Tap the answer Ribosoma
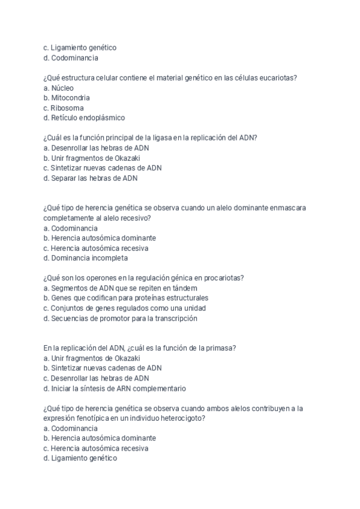pos(62,108)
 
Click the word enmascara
pos(286,208)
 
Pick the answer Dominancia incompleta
pos(85,259)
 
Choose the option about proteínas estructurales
pos(126,298)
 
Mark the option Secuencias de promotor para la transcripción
pos(120,319)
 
